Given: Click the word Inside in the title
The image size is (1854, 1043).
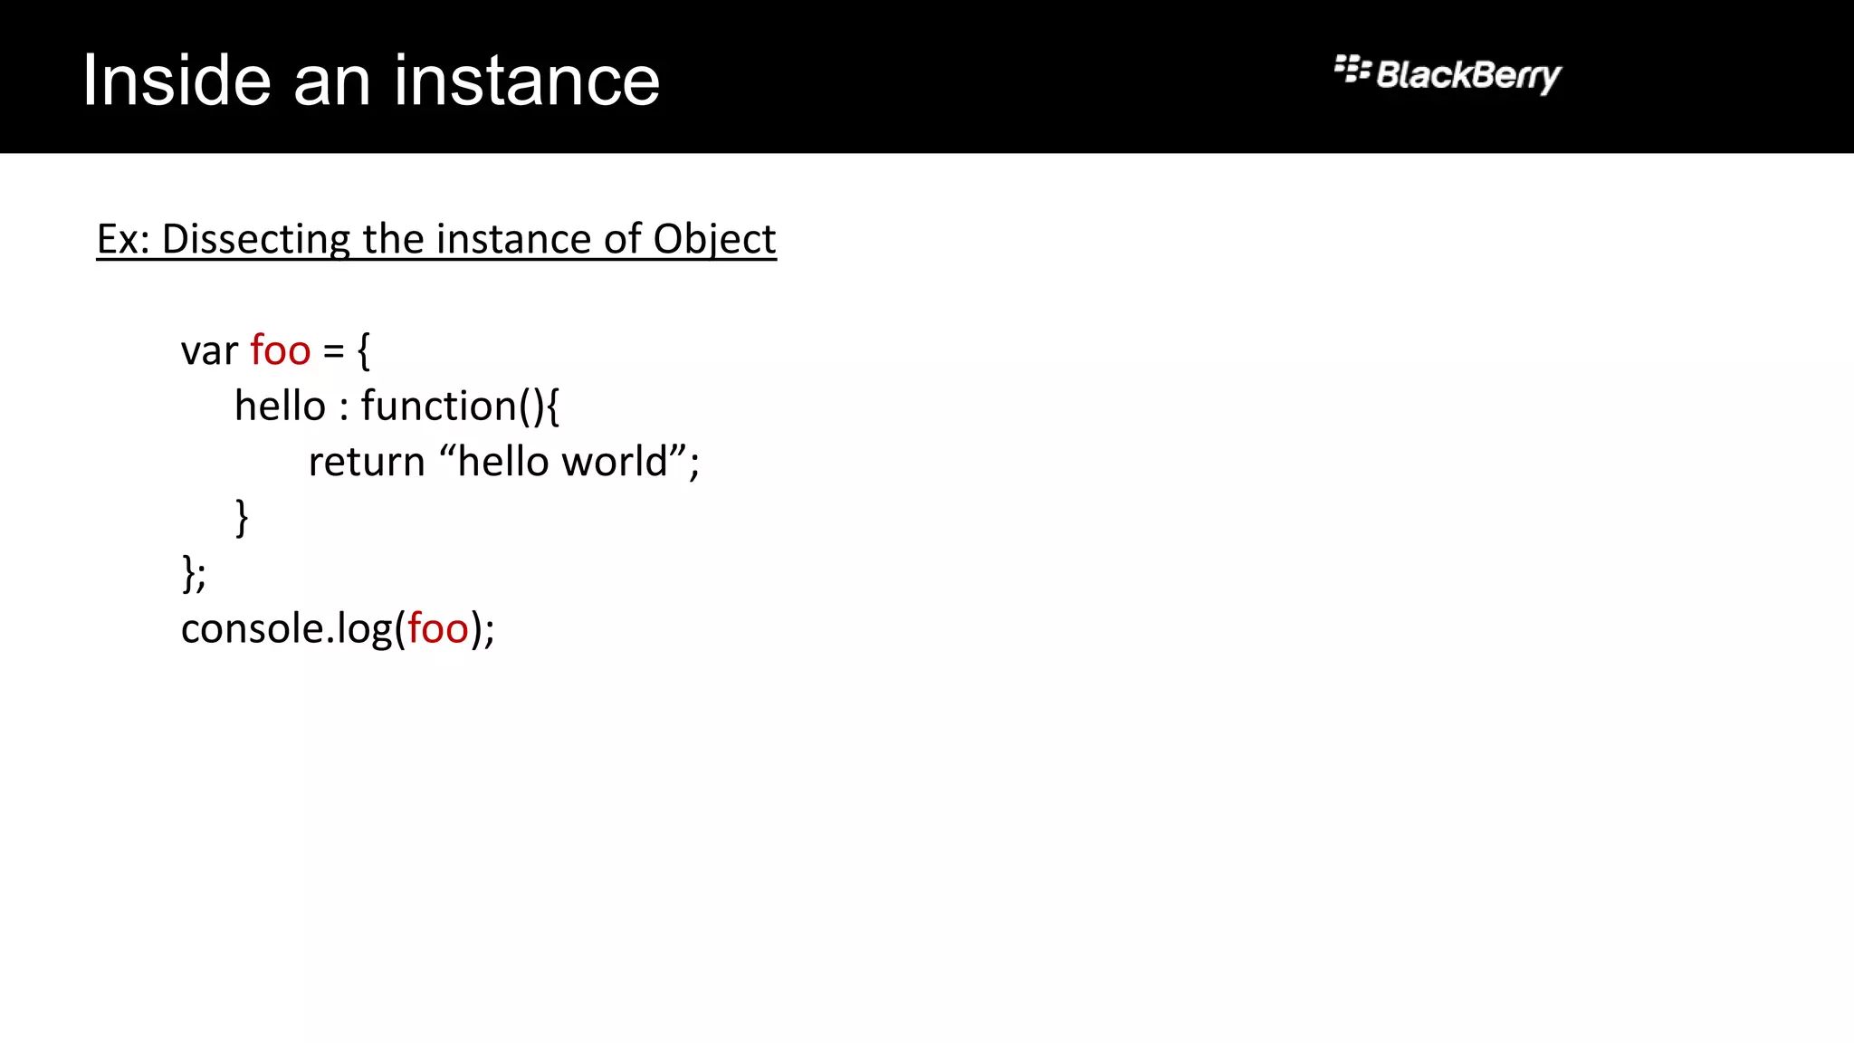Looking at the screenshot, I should click(177, 81).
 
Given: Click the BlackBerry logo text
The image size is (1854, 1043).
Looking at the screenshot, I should click(1467, 75).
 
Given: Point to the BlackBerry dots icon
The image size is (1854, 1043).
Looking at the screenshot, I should click(1352, 69).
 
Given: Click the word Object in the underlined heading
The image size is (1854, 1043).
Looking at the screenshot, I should click(714, 240).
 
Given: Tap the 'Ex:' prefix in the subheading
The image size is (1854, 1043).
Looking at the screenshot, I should click(122, 240).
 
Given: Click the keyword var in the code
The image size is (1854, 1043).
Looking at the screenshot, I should click(209, 351).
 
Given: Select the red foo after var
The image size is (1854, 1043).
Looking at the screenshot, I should click(281, 351).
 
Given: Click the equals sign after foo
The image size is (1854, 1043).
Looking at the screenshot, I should click(334, 351).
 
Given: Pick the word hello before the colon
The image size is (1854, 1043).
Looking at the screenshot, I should click(280, 406).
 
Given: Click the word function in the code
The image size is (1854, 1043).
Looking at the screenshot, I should click(439, 406).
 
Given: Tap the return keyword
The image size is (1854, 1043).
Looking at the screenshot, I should click(367, 462).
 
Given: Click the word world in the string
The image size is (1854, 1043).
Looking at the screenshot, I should click(615, 462).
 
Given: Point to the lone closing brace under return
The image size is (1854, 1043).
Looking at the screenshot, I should click(242, 518).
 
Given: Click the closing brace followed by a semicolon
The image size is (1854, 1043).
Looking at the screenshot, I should click(189, 573).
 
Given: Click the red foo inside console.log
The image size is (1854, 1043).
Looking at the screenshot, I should click(438, 629).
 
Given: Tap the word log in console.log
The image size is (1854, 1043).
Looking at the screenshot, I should click(365, 629).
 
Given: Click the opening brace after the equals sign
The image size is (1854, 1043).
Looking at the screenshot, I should click(364, 351).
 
